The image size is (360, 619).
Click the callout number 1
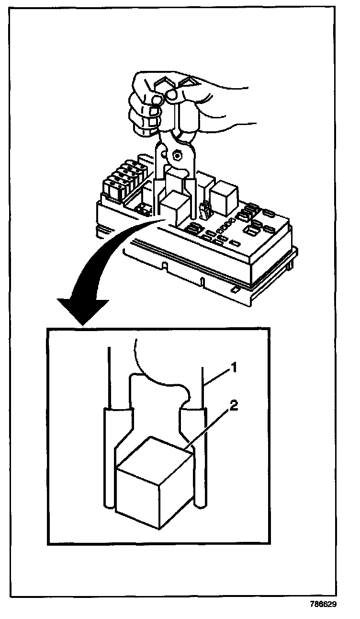(x=234, y=368)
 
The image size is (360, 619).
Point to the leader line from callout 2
(x=213, y=426)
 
